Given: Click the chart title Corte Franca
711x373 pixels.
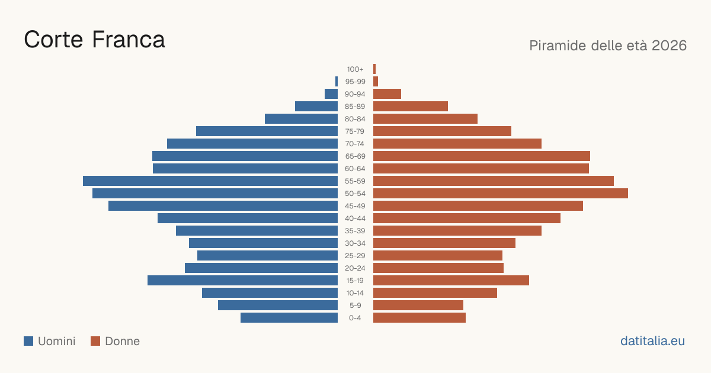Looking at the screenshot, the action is click(94, 40).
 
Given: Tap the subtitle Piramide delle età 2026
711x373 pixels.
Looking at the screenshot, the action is click(608, 46).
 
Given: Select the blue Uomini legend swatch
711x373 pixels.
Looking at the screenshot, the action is click(28, 341).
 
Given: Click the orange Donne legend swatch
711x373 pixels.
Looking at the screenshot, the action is click(95, 341).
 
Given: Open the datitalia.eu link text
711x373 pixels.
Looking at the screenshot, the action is click(652, 341).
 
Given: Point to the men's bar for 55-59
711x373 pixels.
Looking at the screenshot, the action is click(210, 181).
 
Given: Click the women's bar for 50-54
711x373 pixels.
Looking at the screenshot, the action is click(501, 194).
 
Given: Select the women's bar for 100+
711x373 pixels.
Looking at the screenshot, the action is click(374, 69).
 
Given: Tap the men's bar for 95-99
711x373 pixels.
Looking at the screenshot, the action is click(337, 82).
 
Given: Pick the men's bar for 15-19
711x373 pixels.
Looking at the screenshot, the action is click(242, 281).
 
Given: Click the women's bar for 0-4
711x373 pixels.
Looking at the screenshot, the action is click(419, 318).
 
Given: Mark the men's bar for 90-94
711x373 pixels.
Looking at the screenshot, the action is click(331, 94).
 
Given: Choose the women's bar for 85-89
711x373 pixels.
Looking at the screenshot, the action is click(411, 106).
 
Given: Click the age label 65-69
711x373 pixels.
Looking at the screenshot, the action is click(355, 156).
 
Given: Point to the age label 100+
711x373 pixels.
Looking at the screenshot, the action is click(355, 69).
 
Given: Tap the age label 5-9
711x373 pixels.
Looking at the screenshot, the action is click(355, 306).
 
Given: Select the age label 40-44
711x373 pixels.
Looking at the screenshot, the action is click(355, 218).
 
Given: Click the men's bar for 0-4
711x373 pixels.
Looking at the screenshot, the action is click(289, 318).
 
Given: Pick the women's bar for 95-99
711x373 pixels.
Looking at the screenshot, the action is click(376, 82).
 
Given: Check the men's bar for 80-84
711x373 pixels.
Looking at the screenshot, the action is click(301, 118).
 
